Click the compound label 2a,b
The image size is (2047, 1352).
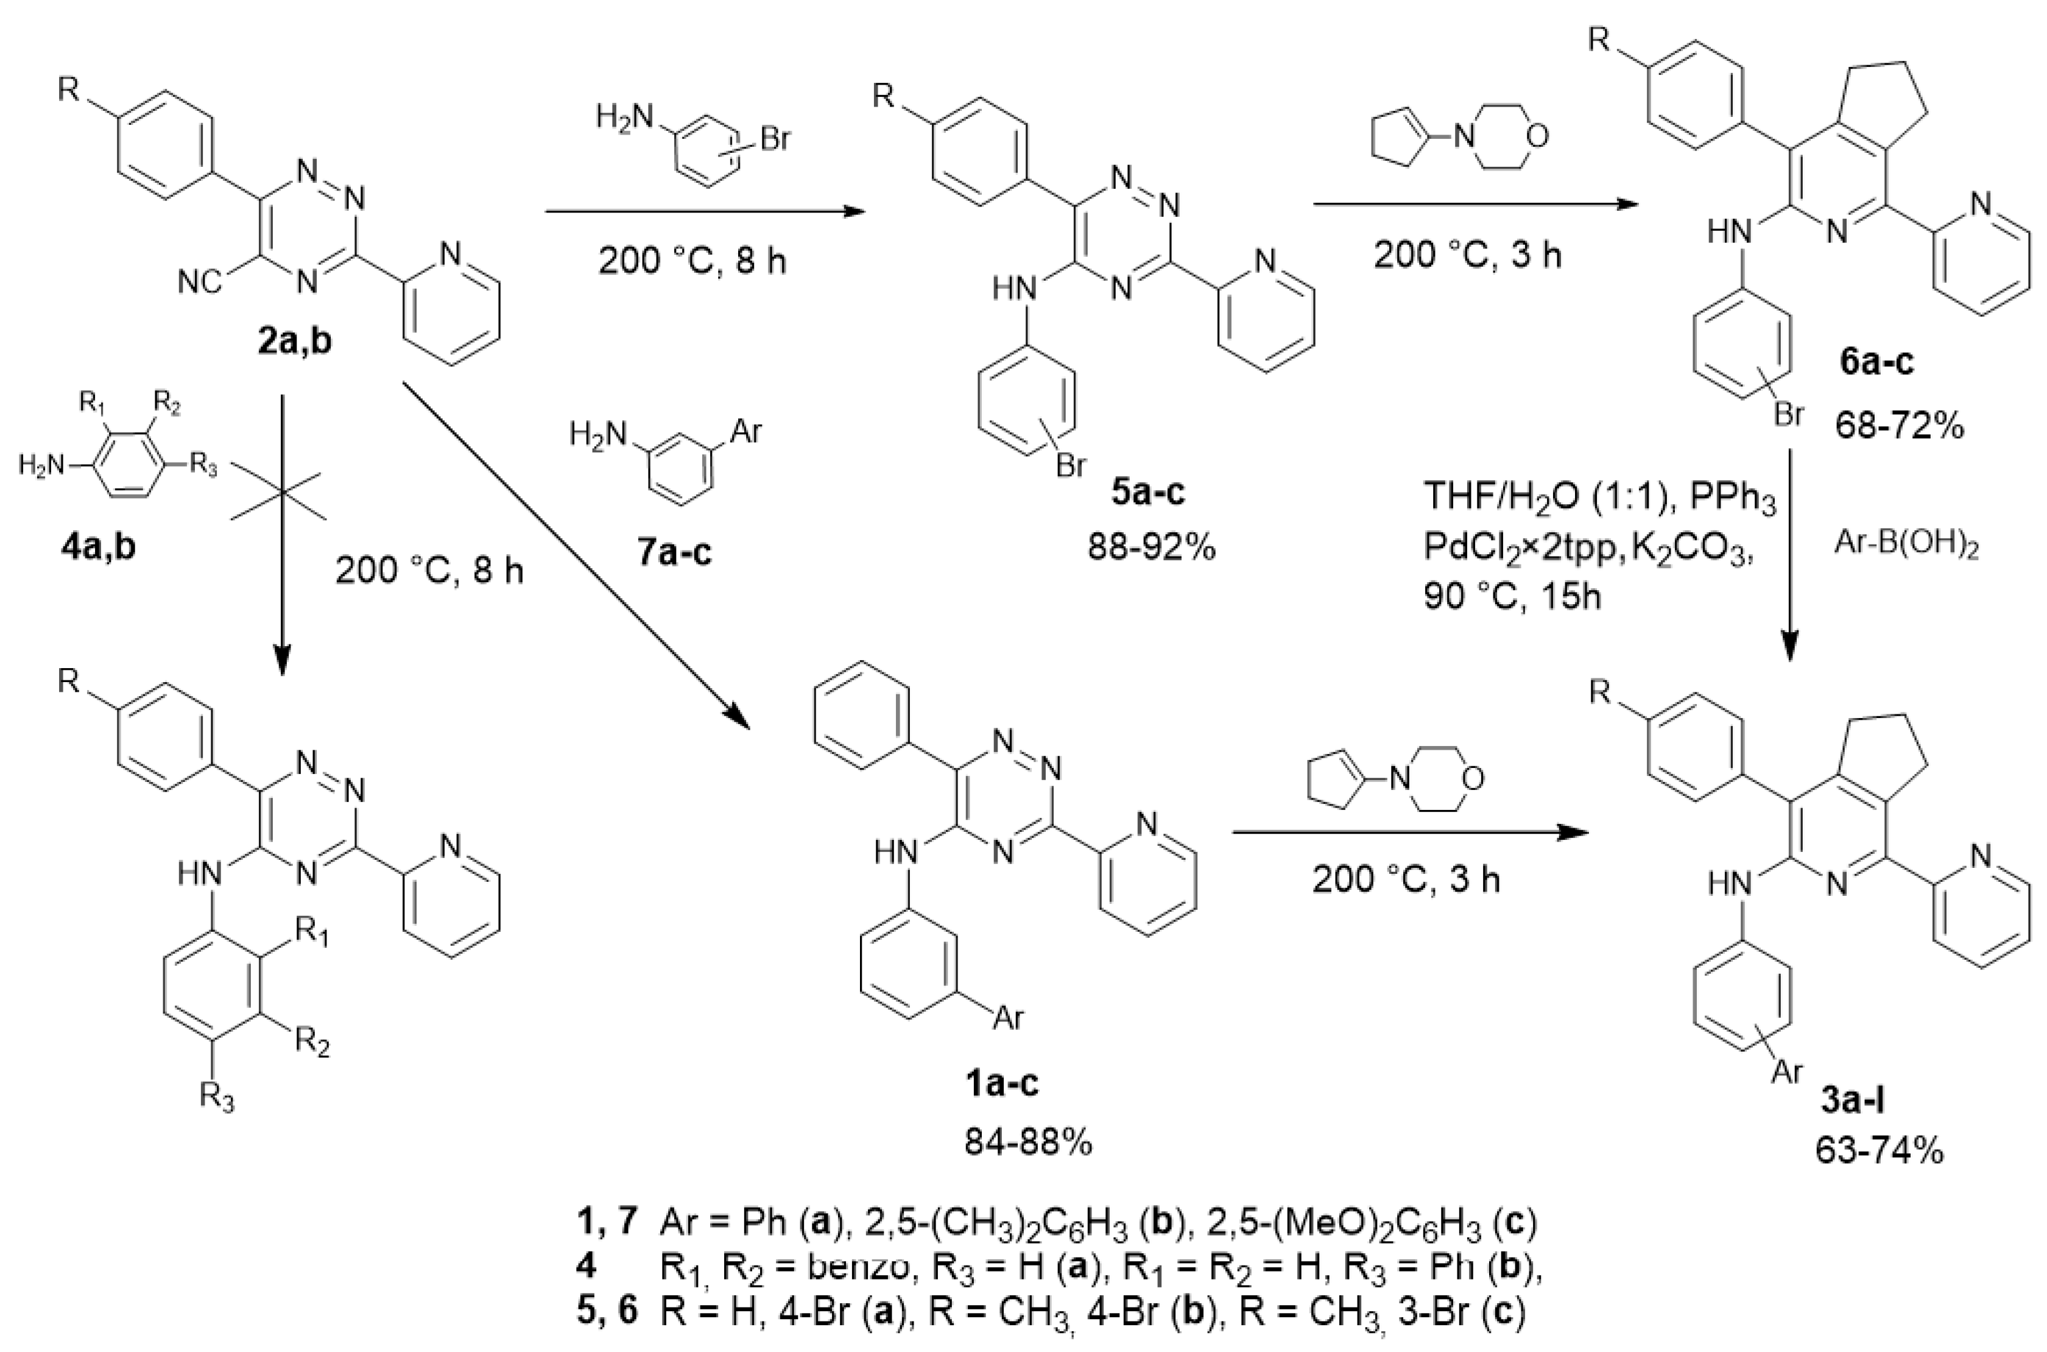pyautogui.click(x=294, y=342)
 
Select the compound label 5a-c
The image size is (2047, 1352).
pyautogui.click(x=1147, y=491)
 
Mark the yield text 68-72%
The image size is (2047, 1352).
pyautogui.click(x=1900, y=425)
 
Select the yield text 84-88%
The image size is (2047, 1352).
pyautogui.click(x=1028, y=1143)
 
